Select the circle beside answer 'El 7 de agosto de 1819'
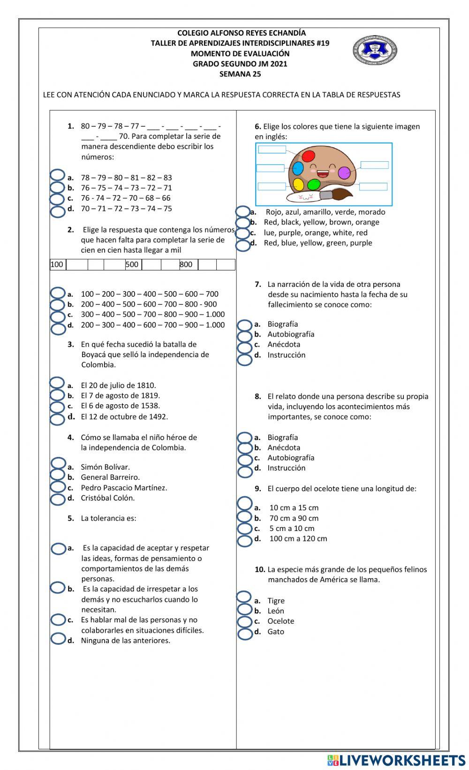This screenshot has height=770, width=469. pyautogui.click(x=57, y=396)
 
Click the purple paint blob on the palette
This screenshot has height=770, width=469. pyautogui.click(x=344, y=173)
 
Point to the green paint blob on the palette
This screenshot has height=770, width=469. pyautogui.click(x=314, y=184)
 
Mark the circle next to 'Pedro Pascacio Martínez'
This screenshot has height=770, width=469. pyautogui.click(x=58, y=487)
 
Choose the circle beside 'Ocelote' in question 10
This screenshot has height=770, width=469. pyautogui.click(x=245, y=622)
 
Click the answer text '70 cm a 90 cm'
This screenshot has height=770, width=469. pyautogui.click(x=294, y=518)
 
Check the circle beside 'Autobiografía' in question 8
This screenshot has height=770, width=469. pyautogui.click(x=245, y=459)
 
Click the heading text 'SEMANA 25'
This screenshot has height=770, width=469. pyautogui.click(x=240, y=74)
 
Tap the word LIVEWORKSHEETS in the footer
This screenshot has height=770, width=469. pyautogui.click(x=402, y=760)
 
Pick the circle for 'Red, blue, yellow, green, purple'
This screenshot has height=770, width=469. pyautogui.click(x=243, y=245)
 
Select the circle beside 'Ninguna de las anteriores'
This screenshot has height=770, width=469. pyautogui.click(x=58, y=639)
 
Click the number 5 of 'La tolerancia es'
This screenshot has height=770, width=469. pyautogui.click(x=70, y=518)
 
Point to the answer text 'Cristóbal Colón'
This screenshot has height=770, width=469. pyautogui.click(x=107, y=498)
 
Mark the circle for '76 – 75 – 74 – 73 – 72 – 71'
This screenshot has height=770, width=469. pyautogui.click(x=57, y=188)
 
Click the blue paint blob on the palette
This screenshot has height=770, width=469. pyautogui.click(x=298, y=168)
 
